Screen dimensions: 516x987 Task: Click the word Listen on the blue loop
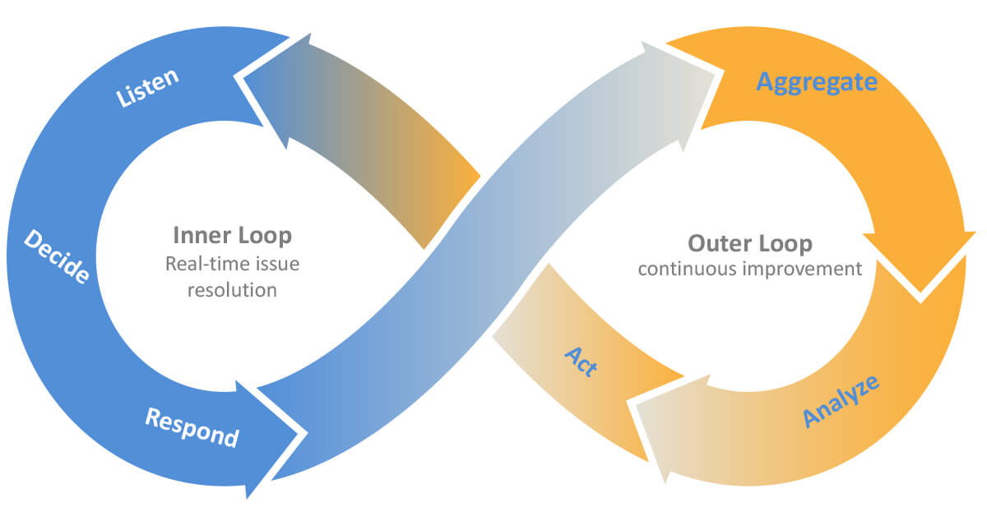click(x=149, y=88)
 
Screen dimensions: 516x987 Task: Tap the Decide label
click(x=56, y=256)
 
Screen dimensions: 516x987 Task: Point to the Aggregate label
click(x=817, y=82)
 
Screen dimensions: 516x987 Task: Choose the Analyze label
click(x=841, y=400)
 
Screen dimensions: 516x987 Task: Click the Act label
click(x=581, y=362)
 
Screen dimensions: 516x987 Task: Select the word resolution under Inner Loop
click(x=232, y=290)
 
